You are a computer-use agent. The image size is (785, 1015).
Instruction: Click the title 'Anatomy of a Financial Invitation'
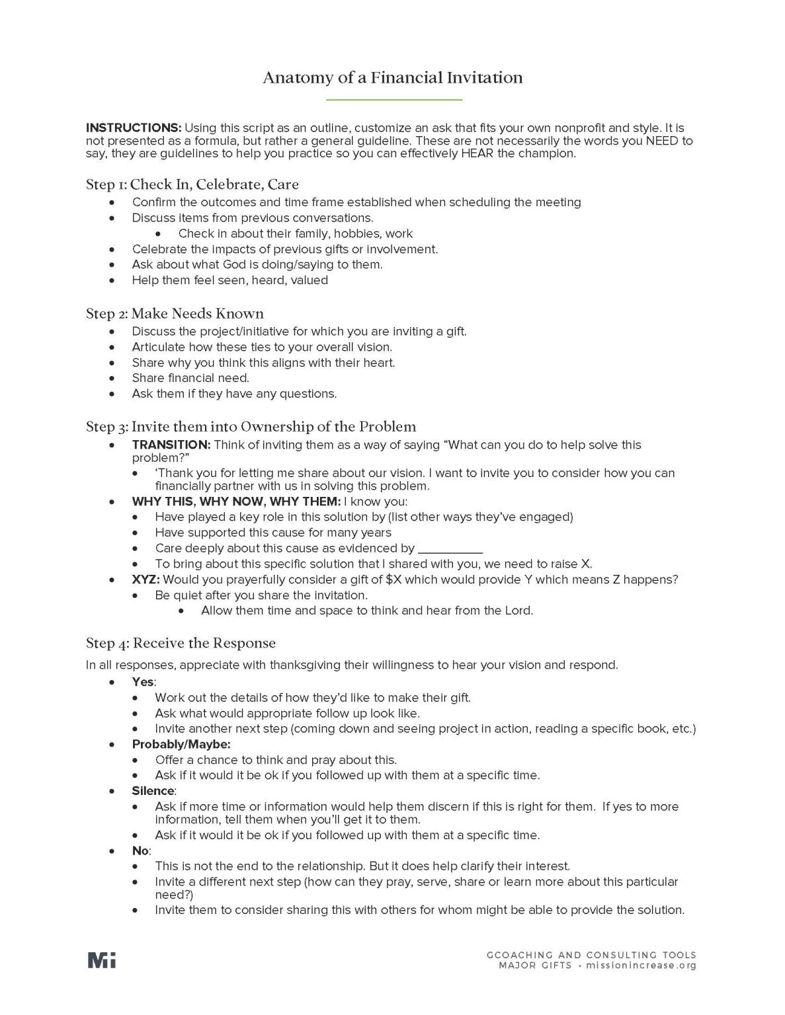point(392,78)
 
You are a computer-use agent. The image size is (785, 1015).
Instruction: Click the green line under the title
point(394,100)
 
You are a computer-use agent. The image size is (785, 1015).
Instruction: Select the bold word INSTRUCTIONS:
point(134,128)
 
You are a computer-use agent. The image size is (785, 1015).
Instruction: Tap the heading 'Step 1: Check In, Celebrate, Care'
point(192,184)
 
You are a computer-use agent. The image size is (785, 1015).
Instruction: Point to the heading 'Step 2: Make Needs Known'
point(175,313)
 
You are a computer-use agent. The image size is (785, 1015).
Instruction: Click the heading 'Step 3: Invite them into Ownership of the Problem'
point(251,426)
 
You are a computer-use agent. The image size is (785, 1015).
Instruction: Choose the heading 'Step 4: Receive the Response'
point(181,643)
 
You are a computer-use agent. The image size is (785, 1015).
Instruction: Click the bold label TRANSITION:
point(171,445)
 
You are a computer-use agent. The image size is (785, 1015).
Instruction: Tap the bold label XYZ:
point(145,580)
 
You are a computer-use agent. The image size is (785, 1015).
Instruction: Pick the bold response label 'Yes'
point(143,681)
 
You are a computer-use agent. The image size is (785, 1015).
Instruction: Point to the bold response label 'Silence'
point(153,791)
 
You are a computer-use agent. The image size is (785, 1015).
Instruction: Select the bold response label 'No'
point(140,850)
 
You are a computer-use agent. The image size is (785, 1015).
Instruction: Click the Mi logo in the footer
point(101,960)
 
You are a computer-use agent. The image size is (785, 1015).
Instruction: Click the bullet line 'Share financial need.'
point(190,378)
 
